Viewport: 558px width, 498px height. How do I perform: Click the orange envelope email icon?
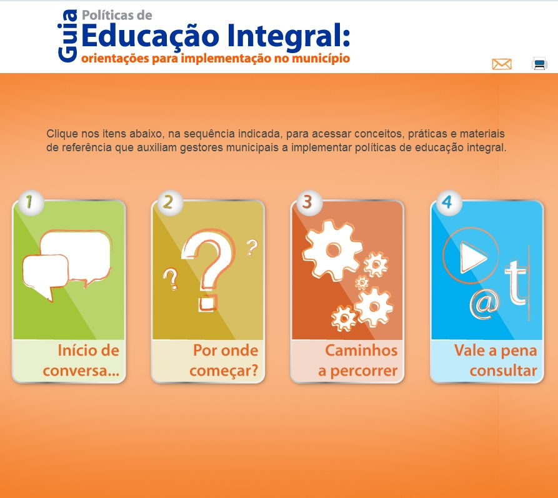[502, 64]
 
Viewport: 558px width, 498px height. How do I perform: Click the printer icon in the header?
[539, 64]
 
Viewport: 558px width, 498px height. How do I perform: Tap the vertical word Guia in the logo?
[67, 36]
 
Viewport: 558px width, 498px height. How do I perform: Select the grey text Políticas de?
[117, 15]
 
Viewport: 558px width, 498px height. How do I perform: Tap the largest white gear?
[332, 249]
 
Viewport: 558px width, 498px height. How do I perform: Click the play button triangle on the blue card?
[472, 257]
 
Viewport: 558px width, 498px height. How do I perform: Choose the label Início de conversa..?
[81, 361]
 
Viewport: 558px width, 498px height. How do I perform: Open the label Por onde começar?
[224, 361]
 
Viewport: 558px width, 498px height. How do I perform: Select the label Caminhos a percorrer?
[357, 361]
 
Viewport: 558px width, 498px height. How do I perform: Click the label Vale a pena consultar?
[496, 361]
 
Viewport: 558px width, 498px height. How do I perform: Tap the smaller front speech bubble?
[46, 274]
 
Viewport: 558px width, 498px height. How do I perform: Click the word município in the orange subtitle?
[321, 59]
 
